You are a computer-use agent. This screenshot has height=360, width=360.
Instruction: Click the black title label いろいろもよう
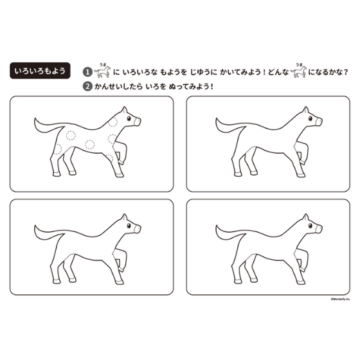pos(40,71)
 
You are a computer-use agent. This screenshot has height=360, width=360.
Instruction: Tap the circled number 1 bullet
pos(87,72)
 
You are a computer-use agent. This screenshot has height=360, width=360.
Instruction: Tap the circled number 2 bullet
pos(87,87)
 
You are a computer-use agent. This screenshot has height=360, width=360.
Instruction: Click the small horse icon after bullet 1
pos(103,71)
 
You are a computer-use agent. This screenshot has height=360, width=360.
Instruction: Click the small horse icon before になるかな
pos(298,71)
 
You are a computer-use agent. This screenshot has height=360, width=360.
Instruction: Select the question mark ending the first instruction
pos(346,72)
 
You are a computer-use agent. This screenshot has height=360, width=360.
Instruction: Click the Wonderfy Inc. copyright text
pos(341,299)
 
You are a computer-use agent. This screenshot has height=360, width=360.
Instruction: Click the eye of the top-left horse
pos(129,118)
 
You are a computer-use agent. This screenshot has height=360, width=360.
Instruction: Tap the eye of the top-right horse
pos(310,118)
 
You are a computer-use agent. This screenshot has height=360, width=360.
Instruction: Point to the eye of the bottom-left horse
pos(129,226)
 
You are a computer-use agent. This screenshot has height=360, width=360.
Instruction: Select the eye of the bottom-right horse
pos(310,226)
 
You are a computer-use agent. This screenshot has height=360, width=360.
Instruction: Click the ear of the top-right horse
pos(305,110)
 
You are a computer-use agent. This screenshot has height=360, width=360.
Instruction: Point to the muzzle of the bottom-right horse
pos(319,229)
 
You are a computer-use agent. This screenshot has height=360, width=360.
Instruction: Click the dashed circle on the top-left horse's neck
pos(113,122)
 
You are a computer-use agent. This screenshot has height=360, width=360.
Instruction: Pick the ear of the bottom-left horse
pos(124,217)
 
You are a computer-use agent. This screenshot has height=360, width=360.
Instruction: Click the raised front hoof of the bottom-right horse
pos(303,270)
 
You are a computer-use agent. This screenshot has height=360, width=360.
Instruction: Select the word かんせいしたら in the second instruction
pos(118,87)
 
